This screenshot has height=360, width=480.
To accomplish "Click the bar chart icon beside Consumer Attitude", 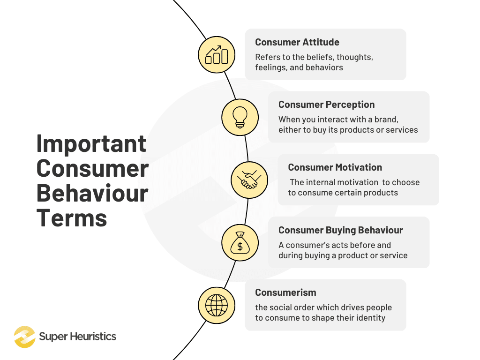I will (217, 55).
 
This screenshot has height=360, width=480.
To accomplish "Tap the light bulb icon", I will (240, 117).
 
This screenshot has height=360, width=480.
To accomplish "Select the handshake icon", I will (249, 180).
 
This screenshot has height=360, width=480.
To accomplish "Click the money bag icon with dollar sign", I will (240, 243).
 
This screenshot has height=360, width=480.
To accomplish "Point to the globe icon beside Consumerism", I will (216, 305).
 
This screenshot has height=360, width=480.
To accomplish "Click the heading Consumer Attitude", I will (297, 42).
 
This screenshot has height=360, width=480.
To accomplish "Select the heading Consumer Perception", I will (326, 105).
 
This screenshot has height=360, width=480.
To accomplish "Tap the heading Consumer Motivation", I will (335, 167).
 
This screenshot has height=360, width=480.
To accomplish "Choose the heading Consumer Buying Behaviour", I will (340, 230).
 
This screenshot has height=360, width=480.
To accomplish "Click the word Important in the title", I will (91, 144).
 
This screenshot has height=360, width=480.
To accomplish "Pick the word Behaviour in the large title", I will (92, 193).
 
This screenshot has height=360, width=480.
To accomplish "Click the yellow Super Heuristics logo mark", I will (24, 337).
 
